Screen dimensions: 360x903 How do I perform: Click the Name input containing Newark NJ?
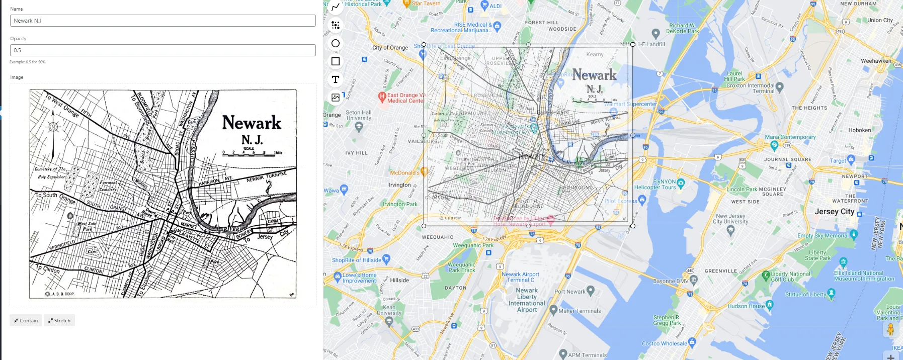point(162,21)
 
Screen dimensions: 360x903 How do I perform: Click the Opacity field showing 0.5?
point(162,50)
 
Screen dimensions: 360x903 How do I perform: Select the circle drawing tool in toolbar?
point(336,43)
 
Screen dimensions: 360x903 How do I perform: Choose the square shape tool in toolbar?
point(336,61)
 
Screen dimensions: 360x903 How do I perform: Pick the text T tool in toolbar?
point(336,79)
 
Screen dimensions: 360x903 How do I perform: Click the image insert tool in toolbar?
point(336,98)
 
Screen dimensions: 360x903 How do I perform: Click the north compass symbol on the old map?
point(53,127)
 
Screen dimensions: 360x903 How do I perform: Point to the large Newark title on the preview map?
point(252,123)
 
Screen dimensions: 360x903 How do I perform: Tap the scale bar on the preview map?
point(252,153)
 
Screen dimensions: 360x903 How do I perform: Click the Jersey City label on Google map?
point(834,212)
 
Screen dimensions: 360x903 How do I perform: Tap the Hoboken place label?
point(859,130)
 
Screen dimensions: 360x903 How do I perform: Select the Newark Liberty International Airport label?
point(527,300)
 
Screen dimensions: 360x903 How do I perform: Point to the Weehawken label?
point(875,61)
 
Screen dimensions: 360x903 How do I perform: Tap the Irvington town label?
point(400,185)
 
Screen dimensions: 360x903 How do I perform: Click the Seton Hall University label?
point(359,116)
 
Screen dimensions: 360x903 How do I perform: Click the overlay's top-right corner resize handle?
point(633,45)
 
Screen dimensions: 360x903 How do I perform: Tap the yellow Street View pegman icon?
point(890,330)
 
